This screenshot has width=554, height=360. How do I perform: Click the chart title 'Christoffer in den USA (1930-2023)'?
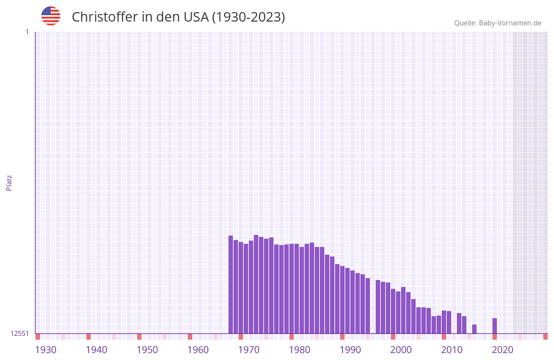pyautogui.click(x=178, y=17)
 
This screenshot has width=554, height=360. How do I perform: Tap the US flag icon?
pyautogui.click(x=51, y=16)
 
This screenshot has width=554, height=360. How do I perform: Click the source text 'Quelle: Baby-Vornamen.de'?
pyautogui.click(x=498, y=23)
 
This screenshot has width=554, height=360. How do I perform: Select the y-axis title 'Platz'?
pyautogui.click(x=9, y=182)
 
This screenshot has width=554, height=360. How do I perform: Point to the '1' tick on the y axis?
pyautogui.click(x=27, y=32)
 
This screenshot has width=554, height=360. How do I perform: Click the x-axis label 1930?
pyautogui.click(x=46, y=350)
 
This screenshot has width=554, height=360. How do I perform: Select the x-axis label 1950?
pyautogui.click(x=147, y=350)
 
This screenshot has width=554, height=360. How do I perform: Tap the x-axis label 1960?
pyautogui.click(x=198, y=350)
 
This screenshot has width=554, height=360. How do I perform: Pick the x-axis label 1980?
pyautogui.click(x=300, y=350)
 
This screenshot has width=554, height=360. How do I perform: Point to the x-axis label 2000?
pyautogui.click(x=401, y=350)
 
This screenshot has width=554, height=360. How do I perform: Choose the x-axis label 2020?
pyautogui.click(x=503, y=350)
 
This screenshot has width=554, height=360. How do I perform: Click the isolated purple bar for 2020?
pyautogui.click(x=494, y=326)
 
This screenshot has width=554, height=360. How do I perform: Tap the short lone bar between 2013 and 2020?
pyautogui.click(x=474, y=329)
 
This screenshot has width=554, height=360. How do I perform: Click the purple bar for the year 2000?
pyautogui.click(x=393, y=311)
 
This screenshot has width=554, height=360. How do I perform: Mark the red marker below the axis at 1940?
pyautogui.click(x=88, y=337)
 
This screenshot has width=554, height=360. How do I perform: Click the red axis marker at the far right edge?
pyautogui.click(x=545, y=337)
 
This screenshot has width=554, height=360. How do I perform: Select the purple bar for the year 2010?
pyautogui.click(x=444, y=322)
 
